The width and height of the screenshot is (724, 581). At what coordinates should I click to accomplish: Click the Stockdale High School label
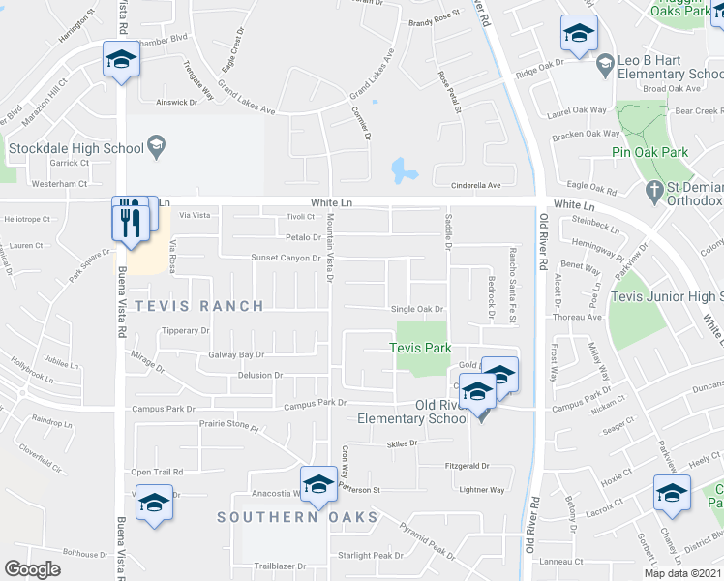[x=75, y=149]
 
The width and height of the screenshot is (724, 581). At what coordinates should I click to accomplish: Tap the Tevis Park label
[x=420, y=347]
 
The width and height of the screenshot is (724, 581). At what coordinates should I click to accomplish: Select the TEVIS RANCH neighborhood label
[x=200, y=306]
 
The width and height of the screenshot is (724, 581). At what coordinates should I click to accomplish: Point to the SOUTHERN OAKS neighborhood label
[x=297, y=517]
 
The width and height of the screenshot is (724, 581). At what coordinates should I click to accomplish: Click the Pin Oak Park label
[x=649, y=152]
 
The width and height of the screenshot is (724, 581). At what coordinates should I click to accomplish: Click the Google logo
[x=32, y=568]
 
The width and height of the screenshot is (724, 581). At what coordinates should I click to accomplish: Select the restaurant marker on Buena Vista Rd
[x=128, y=221]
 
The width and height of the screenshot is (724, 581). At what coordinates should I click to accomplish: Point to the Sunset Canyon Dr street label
[x=286, y=259]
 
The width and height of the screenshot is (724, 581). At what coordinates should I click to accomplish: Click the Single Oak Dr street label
[x=416, y=309]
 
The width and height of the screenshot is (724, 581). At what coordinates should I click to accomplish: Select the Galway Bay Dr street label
[x=236, y=355]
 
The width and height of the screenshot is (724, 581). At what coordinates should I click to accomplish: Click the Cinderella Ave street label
[x=480, y=185]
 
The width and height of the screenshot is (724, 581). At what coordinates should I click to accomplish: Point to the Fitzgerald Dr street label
[x=468, y=466]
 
